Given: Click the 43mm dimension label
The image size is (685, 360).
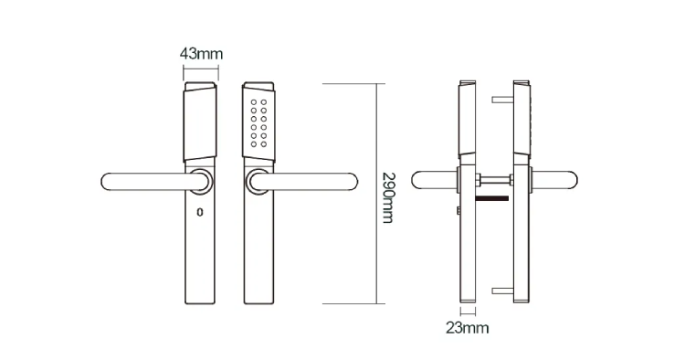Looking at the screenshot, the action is tap(202, 54).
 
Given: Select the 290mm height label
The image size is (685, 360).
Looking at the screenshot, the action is tap(388, 197).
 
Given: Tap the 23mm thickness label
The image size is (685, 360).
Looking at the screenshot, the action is tap(467, 328).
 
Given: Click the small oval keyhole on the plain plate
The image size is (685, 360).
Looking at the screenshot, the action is tap(200, 212).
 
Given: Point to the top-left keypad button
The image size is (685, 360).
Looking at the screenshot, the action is tap(253, 102).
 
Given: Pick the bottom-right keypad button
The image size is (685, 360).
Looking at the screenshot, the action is tap(264, 143).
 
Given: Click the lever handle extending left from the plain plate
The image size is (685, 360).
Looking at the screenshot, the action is tap(149, 182).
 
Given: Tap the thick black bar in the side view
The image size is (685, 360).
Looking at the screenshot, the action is tap(492, 199).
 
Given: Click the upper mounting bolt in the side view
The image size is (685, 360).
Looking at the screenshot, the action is tap(503, 100).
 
